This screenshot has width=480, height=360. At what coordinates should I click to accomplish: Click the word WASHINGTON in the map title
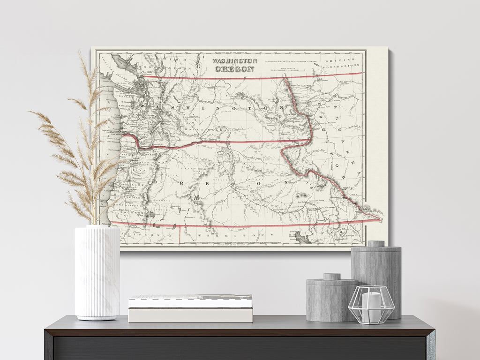point(234,61)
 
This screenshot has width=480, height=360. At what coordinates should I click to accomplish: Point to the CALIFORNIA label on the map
point(150,233)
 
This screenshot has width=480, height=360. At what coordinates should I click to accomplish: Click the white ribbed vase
point(97,272)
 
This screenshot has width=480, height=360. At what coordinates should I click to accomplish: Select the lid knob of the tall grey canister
point(375,244)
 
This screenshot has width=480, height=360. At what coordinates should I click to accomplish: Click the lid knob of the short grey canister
point(332,277)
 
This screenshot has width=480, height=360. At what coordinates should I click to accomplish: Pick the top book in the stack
point(190,300)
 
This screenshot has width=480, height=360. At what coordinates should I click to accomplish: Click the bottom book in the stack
point(190,315)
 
